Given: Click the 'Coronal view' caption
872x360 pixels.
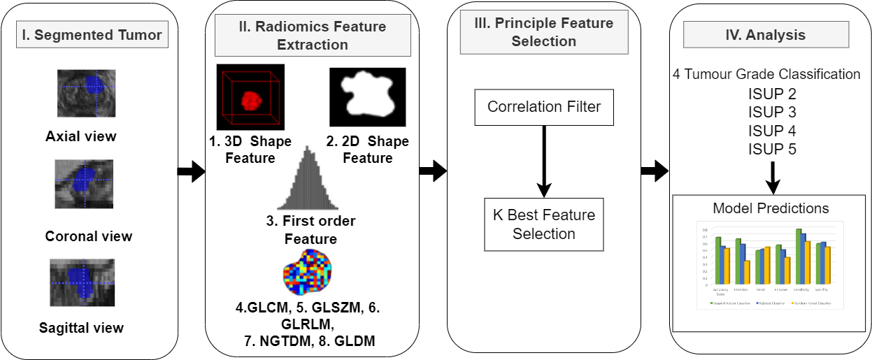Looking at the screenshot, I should (x=89, y=236).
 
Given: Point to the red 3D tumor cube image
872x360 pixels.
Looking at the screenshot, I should (x=250, y=99).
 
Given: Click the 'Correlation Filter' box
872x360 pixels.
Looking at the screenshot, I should (x=543, y=108).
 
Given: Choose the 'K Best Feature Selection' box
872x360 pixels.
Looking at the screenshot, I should (x=543, y=224).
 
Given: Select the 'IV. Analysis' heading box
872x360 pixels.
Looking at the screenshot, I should (x=766, y=34).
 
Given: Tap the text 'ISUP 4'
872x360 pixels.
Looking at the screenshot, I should (x=772, y=131).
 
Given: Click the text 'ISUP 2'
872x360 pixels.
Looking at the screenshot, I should (x=772, y=94).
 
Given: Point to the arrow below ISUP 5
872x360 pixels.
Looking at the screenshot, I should (x=772, y=177).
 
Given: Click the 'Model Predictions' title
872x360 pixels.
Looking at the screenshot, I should (x=771, y=208).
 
